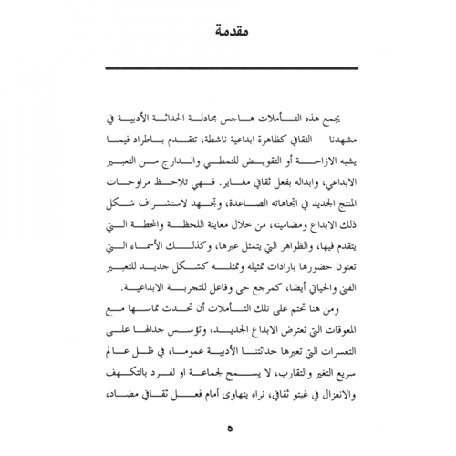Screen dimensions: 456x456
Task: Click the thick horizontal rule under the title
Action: point(227,70)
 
